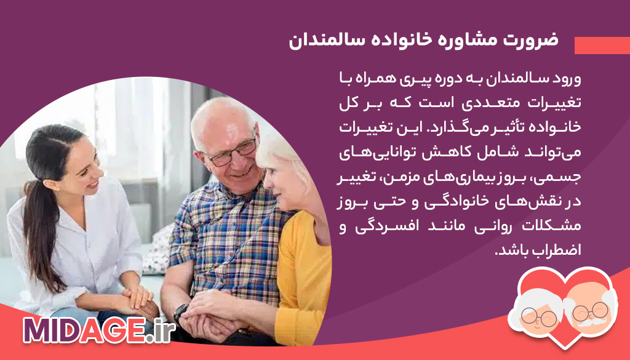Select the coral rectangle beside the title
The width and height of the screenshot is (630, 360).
(602, 46)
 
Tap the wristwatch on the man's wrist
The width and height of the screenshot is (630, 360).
(181, 312)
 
